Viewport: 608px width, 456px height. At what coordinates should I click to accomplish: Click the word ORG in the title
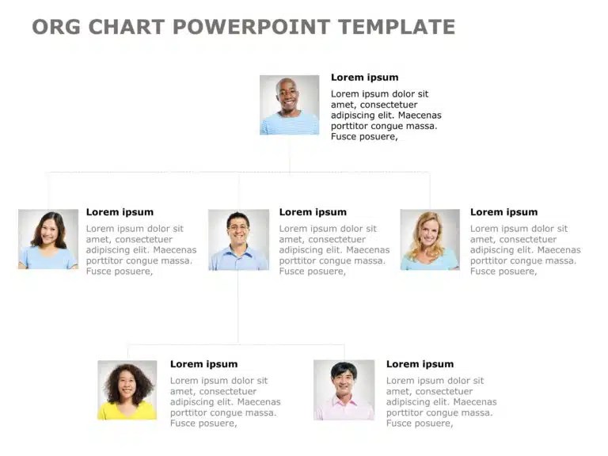point(56,27)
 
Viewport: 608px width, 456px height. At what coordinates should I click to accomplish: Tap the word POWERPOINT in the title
point(251,27)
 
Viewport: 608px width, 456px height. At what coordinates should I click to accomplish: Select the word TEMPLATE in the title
point(397,27)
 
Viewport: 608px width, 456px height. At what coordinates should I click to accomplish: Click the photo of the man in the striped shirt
point(289,104)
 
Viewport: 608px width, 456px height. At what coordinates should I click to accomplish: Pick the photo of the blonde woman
point(430,240)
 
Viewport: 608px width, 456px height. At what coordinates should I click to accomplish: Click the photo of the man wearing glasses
point(238,240)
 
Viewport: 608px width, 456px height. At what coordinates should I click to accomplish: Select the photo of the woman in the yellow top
point(127,390)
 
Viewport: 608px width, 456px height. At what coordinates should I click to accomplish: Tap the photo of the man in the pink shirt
point(344,390)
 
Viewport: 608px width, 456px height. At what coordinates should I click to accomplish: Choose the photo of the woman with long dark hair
point(48,239)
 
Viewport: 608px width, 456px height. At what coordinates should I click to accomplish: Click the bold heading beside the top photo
point(364,78)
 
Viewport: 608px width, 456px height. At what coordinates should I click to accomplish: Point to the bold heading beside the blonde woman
point(503,212)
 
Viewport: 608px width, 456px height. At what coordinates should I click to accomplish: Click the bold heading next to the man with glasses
point(313,212)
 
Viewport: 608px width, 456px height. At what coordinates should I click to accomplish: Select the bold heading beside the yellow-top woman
point(203,364)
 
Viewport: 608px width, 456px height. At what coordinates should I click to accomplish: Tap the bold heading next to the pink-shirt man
point(420,364)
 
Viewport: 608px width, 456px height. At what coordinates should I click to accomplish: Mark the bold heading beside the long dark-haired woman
point(120,212)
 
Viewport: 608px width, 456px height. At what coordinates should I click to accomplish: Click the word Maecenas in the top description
point(420,115)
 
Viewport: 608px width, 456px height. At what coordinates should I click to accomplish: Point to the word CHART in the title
point(127,27)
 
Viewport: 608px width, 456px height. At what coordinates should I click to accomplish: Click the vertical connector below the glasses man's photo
point(238,307)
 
